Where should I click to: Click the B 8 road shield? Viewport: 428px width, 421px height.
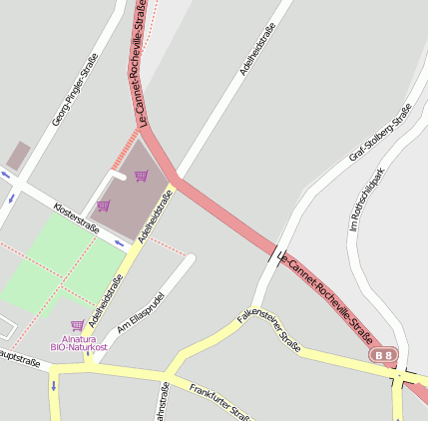pyautogui.click(x=383, y=354)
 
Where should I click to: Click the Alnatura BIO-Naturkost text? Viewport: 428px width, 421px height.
pyautogui.click(x=77, y=343)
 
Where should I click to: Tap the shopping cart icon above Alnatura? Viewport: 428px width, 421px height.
pyautogui.click(x=77, y=325)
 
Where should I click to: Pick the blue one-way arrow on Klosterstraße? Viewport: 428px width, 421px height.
pyautogui.click(x=119, y=242)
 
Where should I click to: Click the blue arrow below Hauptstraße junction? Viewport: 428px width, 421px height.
pyautogui.click(x=53, y=385)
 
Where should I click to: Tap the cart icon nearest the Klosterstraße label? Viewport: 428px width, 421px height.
pyautogui.click(x=103, y=207)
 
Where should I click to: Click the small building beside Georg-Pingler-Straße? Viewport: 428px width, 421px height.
pyautogui.click(x=18, y=156)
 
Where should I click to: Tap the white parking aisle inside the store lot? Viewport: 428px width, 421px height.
pyautogui.click(x=119, y=176)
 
